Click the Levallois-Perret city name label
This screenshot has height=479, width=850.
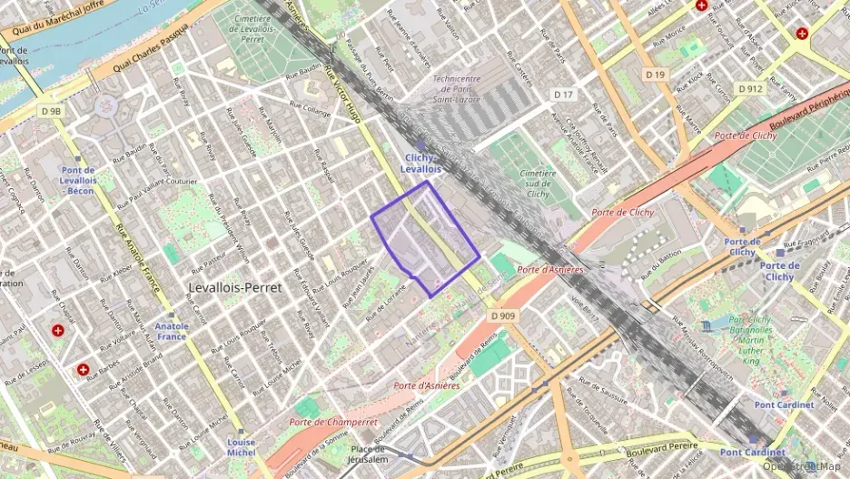coord(236,286)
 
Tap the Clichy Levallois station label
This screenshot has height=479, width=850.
coord(420,163)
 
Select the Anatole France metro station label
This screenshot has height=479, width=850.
coord(172,331)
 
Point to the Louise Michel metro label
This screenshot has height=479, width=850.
coord(241,446)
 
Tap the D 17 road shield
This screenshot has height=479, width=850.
coord(564,94)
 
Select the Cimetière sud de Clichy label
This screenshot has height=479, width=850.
coord(539,183)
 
